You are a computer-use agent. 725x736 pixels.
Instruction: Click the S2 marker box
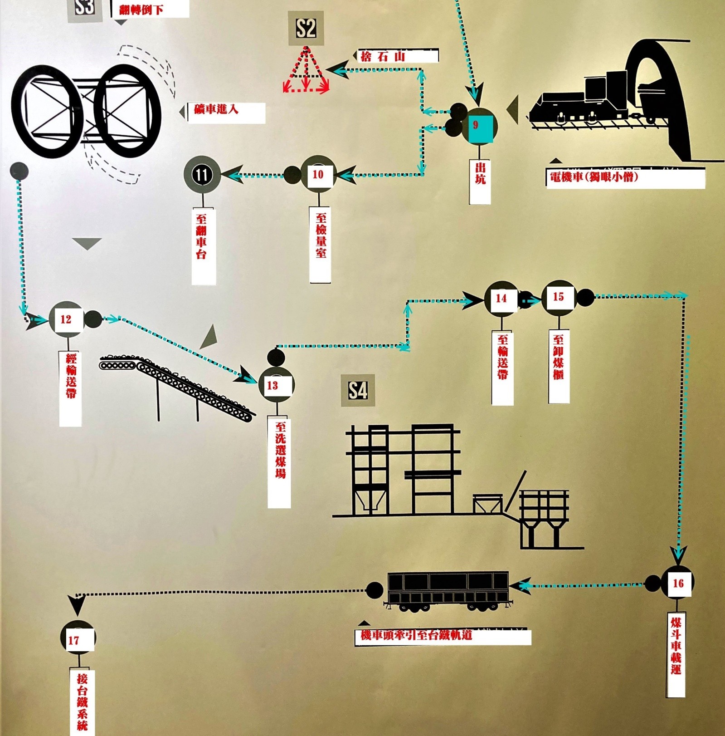point(306,28)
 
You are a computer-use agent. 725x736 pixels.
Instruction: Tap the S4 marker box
point(358,390)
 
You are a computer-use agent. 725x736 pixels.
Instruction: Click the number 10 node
point(318,174)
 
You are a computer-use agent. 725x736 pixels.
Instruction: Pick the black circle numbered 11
point(202,174)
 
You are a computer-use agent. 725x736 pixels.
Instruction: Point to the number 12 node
point(66,319)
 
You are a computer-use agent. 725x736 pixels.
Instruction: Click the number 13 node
point(276,385)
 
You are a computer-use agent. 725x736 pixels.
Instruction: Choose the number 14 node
point(501,298)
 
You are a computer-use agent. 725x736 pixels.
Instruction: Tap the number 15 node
point(558,297)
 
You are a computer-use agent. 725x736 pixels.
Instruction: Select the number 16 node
point(678,583)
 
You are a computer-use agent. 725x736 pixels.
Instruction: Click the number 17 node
point(78,638)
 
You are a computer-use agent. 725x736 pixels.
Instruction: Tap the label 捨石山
point(398,56)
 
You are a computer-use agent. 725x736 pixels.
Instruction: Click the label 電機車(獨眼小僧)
point(625,178)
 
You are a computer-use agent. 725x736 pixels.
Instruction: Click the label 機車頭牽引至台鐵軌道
point(442,636)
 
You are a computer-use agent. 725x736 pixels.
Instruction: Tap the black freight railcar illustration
point(448,590)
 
